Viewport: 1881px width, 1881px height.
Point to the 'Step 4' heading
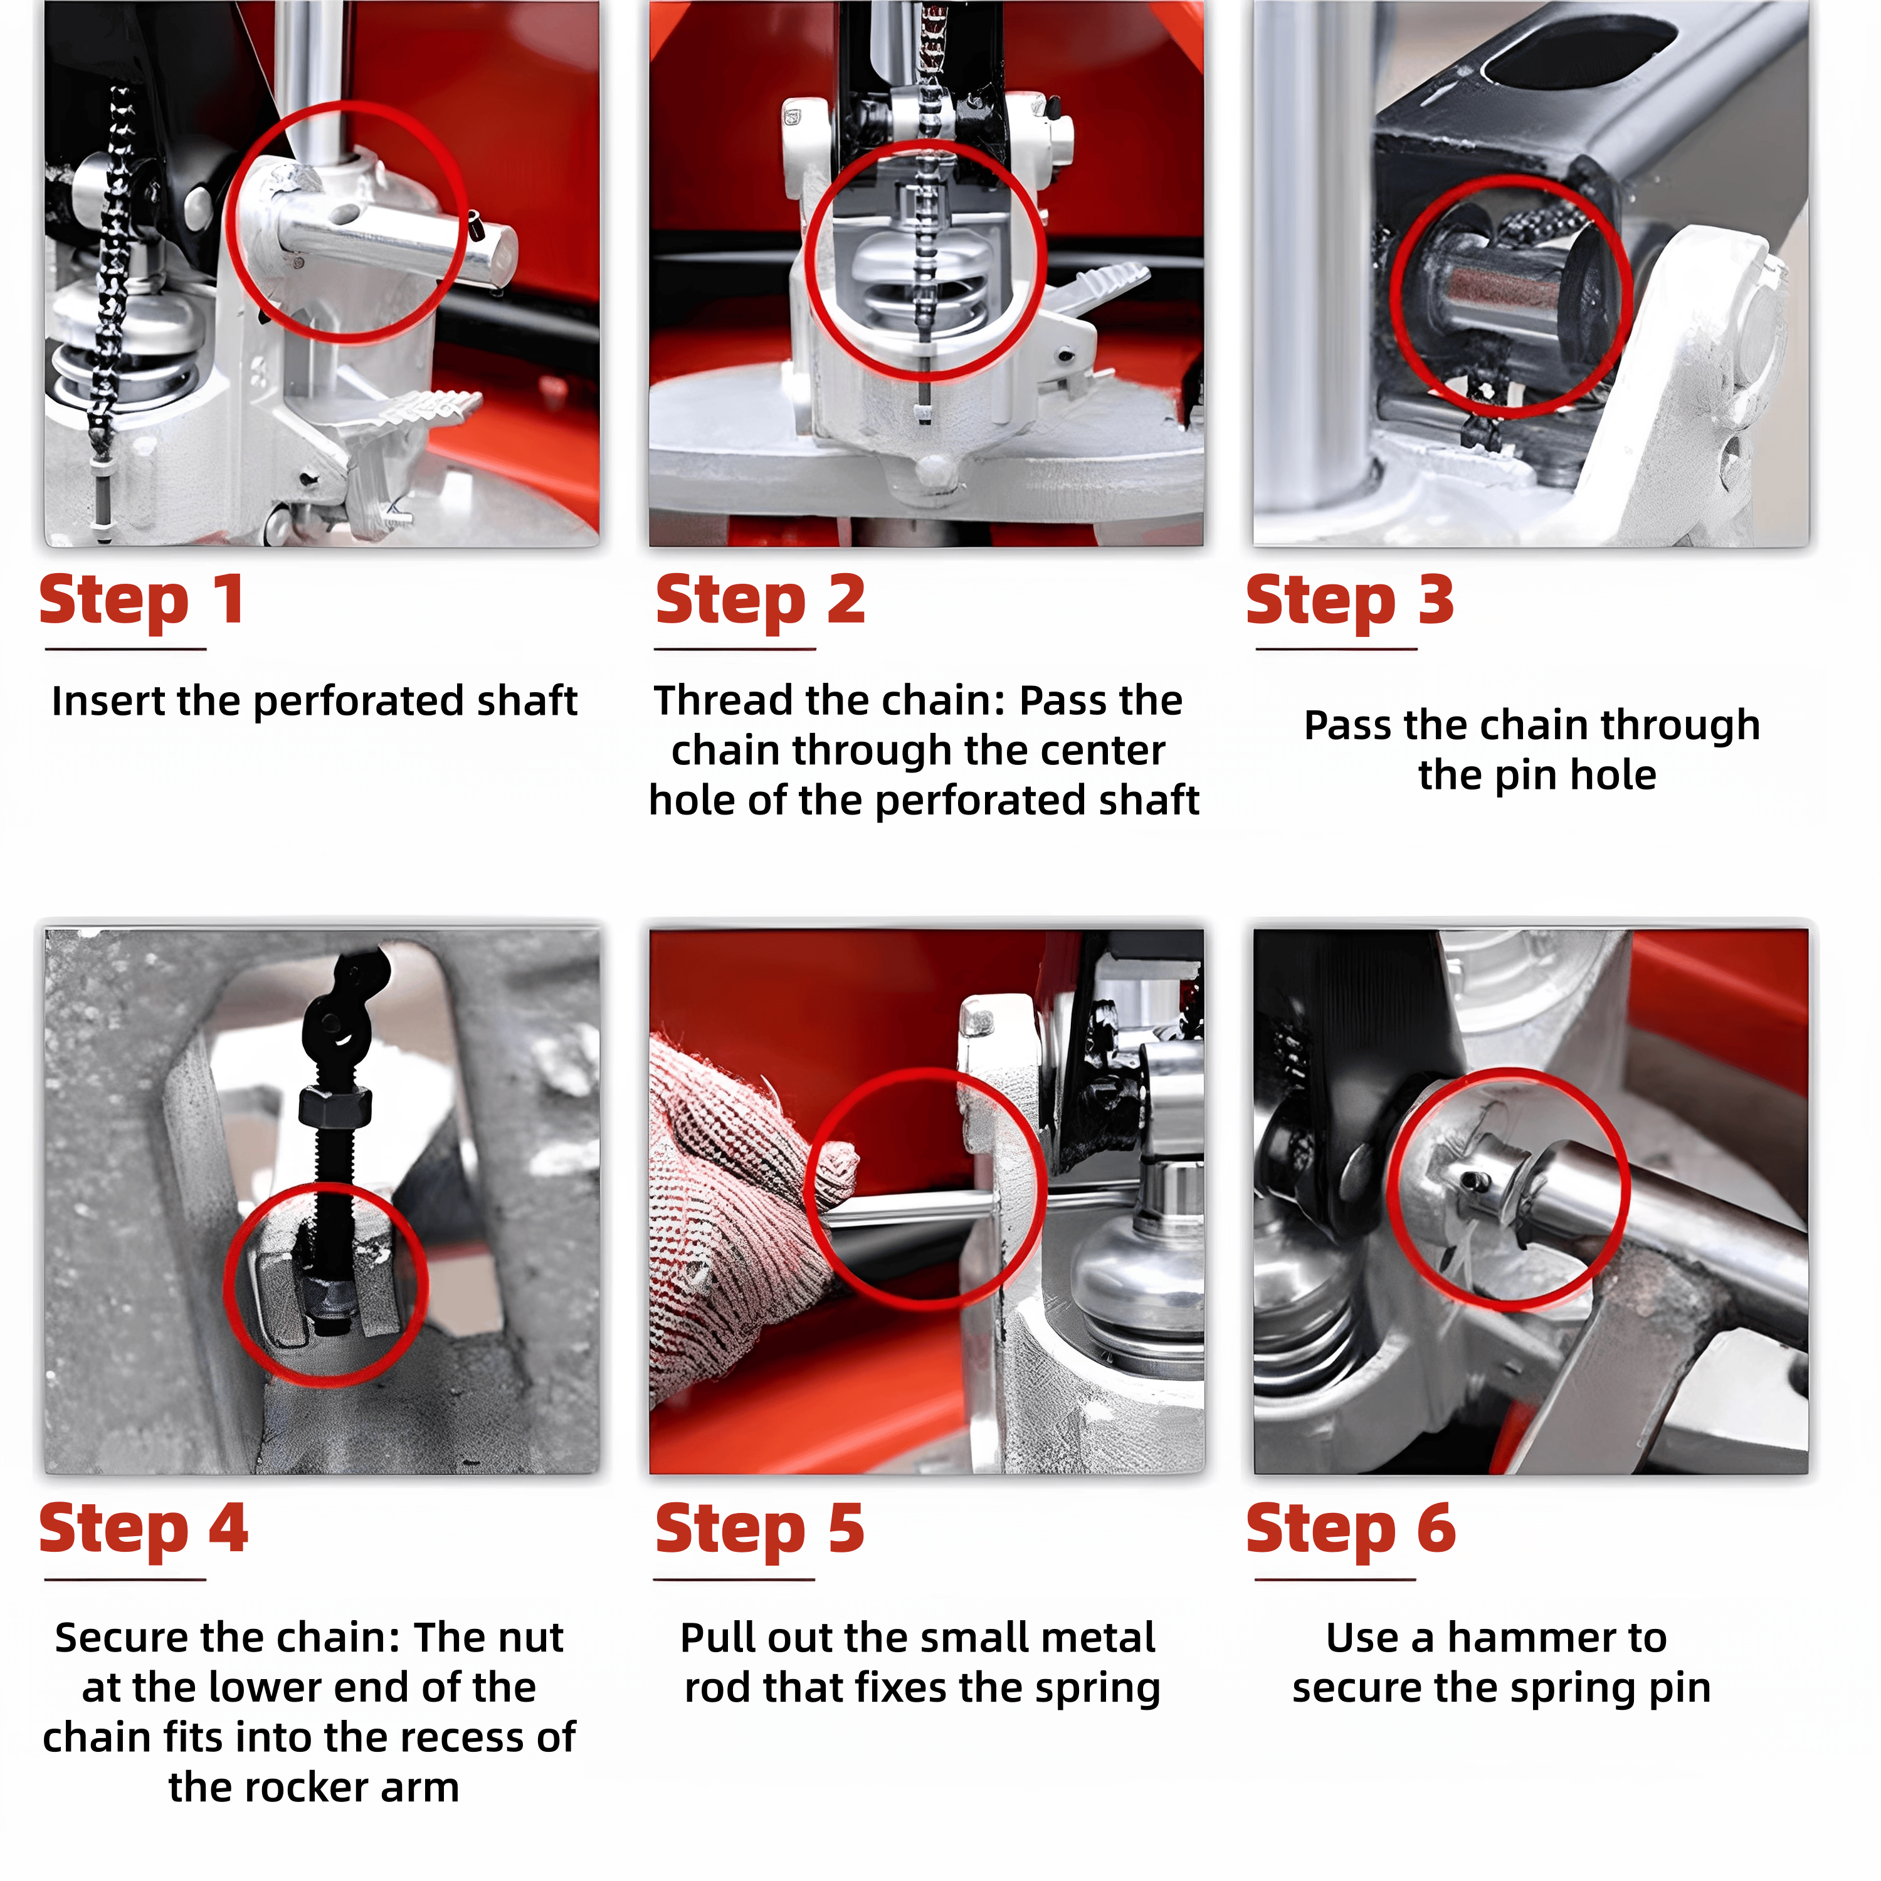click(x=143, y=1529)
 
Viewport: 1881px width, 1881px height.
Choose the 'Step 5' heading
click(x=759, y=1529)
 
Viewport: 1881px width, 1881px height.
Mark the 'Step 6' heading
click(x=1351, y=1529)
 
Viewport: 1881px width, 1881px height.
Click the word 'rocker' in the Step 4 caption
click(x=308, y=1788)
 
